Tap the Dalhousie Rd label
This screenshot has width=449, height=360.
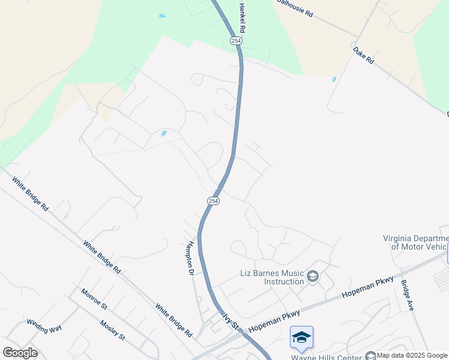296,8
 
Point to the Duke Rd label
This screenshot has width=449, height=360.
363,56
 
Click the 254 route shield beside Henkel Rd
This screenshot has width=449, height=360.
236,40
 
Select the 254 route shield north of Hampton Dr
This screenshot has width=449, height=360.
214,201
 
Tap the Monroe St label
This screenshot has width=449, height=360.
94,298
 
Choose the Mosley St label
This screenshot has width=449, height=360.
112,329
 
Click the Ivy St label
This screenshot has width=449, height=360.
231,321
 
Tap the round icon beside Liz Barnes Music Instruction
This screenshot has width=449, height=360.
312,277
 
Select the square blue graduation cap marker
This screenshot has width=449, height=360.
301,337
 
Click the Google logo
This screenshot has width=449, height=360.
20,352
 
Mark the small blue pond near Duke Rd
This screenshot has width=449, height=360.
334,79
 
